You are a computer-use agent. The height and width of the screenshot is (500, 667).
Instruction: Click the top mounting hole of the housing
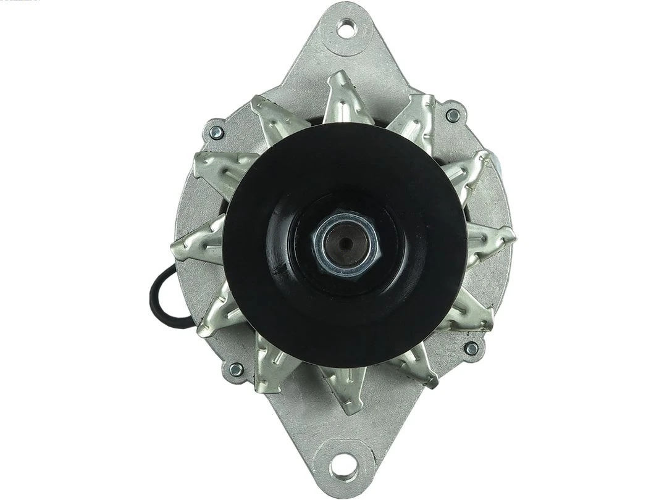(x=347, y=28)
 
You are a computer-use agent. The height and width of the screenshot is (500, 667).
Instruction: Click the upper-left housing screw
(x=216, y=132)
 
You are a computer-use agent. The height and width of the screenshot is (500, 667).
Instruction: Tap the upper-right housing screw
(x=453, y=115)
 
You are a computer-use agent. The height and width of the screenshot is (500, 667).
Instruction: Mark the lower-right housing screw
(x=471, y=349)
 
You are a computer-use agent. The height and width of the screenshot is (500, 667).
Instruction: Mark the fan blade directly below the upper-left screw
(x=219, y=166)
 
